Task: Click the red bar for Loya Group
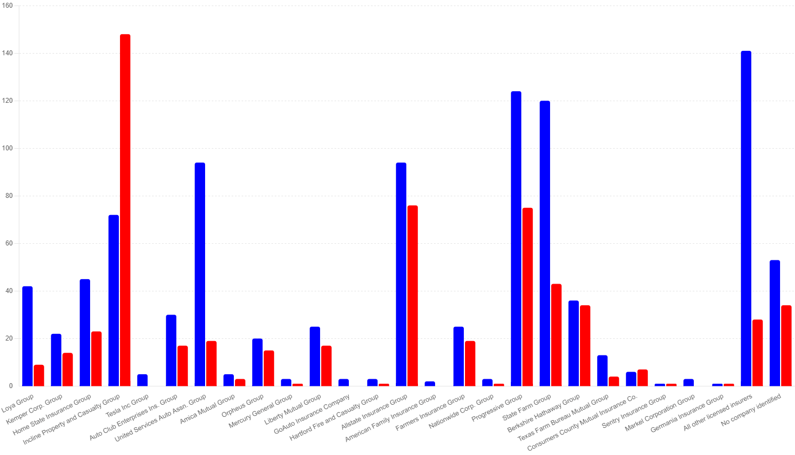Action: [39, 376]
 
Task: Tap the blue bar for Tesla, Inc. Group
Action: [143, 380]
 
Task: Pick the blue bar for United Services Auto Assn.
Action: [200, 276]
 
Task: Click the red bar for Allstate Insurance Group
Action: [412, 299]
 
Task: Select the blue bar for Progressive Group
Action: [516, 238]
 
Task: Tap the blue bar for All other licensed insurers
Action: [746, 221]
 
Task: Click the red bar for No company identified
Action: [786, 346]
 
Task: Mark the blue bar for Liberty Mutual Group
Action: [315, 357]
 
